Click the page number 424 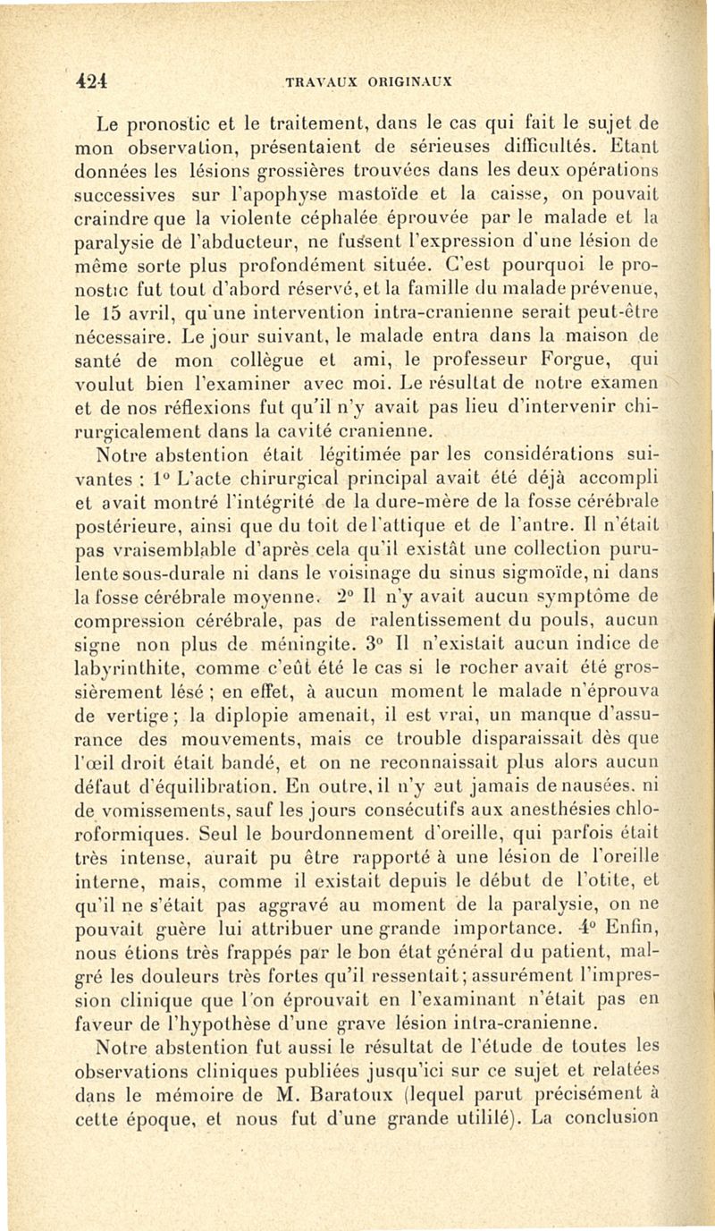pyautogui.click(x=91, y=78)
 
